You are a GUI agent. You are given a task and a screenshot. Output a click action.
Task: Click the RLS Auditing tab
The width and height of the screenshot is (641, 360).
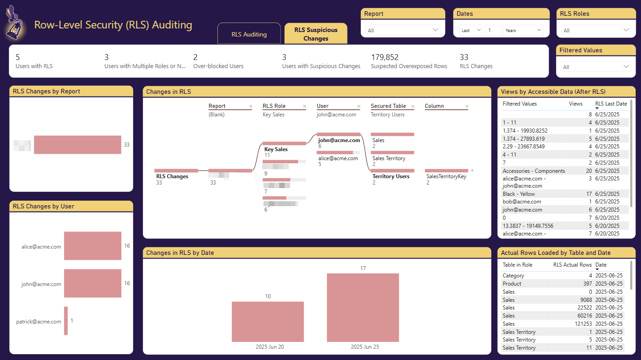249,34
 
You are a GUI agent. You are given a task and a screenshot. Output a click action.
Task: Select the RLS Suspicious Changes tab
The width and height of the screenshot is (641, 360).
316,34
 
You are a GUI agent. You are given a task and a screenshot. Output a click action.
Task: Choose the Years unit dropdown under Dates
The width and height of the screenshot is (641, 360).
523,30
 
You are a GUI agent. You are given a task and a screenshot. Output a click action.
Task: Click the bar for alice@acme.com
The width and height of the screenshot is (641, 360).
92,246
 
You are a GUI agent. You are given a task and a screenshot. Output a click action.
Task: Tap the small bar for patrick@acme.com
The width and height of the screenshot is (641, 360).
66,321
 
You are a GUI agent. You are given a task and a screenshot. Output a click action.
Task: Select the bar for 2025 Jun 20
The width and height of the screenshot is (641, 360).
267,322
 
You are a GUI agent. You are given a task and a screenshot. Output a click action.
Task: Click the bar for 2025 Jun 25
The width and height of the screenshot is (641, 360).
363,308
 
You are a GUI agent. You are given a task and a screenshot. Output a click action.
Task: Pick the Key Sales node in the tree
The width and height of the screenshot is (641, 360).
276,149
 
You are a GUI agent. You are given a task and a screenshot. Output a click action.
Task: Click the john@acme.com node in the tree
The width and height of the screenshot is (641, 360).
339,140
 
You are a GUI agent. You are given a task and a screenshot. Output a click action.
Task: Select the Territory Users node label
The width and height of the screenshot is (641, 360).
391,176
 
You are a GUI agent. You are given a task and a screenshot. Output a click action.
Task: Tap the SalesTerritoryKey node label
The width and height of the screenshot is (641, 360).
446,176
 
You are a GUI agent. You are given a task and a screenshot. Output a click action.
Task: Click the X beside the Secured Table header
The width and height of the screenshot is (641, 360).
413,106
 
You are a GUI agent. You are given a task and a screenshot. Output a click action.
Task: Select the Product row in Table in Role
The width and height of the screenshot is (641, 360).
512,284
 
